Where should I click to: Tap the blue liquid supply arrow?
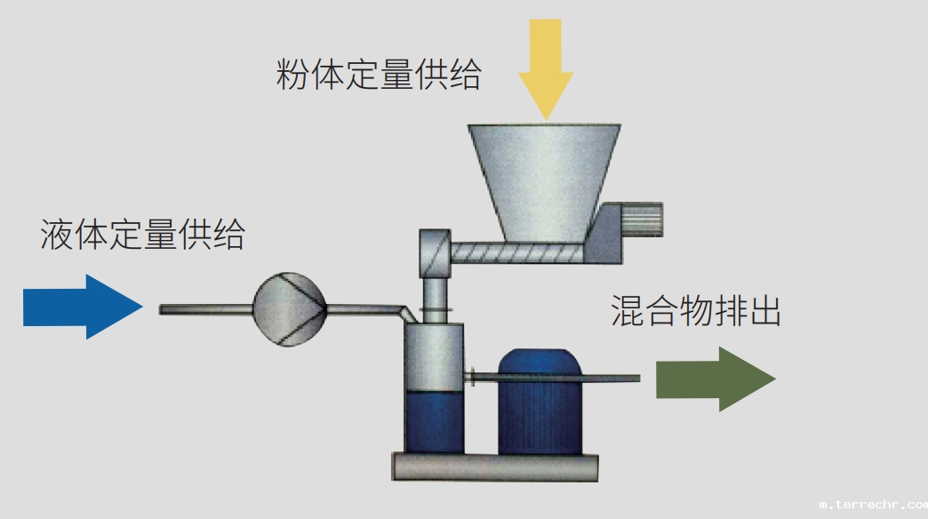(83, 307)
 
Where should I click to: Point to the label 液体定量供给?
(142, 236)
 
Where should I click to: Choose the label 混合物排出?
(696, 311)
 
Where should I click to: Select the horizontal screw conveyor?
(516, 253)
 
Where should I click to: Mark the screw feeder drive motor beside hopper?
(633, 221)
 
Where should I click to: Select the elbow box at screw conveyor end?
(434, 252)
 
